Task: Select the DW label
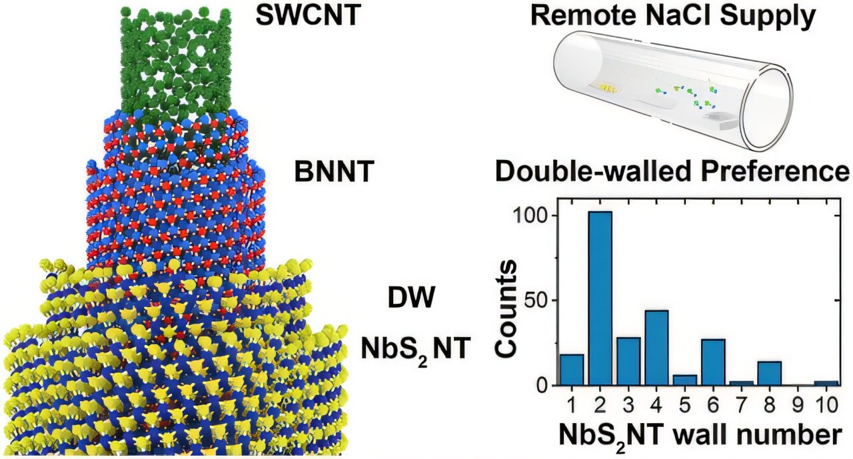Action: pos(412,297)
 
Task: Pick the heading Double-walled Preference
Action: pos(672,173)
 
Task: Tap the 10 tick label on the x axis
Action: pos(826,403)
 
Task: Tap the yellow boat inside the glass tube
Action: pos(607,87)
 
